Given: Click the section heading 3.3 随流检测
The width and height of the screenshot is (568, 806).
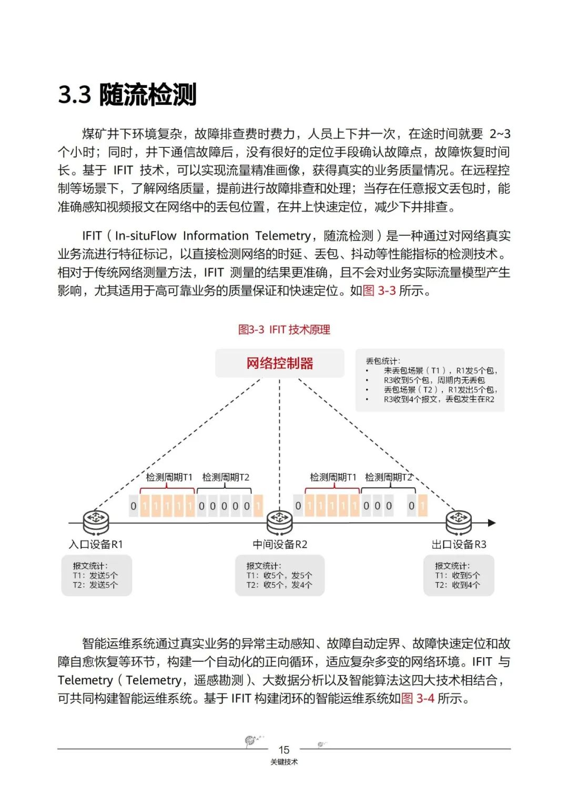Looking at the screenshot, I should tap(127, 95).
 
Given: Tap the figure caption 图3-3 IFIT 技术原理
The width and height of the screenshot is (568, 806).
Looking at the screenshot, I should tap(284, 330).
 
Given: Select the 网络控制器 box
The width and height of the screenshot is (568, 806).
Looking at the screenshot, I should tap(279, 363).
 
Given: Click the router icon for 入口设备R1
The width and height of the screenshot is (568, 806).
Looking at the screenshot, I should tap(96, 521).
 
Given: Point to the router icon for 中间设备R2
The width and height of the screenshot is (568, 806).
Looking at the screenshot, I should tap(279, 521).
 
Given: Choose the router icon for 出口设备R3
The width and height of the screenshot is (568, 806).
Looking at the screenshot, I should tap(458, 521).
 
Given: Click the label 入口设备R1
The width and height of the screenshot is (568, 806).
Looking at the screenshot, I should tap(96, 545).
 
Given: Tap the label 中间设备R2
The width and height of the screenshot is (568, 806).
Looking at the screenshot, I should tap(280, 545).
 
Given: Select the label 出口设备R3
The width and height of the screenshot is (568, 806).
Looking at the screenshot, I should tap(459, 545).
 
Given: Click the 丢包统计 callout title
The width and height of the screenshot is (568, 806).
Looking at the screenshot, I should tap(383, 361).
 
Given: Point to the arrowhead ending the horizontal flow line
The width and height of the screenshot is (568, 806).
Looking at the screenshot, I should tap(492, 523).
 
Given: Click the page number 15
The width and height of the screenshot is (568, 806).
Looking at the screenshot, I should tap(284, 750).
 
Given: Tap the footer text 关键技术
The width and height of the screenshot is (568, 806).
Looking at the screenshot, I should tap(284, 762).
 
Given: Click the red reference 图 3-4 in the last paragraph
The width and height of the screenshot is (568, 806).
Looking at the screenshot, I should tap(418, 699).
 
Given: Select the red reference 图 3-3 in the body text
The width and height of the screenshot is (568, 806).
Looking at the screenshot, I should tap(379, 290).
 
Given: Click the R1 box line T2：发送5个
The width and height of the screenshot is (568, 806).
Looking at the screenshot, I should tap(95, 585).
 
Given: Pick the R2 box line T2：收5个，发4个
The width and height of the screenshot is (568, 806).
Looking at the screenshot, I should tap(279, 585).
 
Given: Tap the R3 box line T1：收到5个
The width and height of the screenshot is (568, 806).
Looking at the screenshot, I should tap(458, 576).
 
